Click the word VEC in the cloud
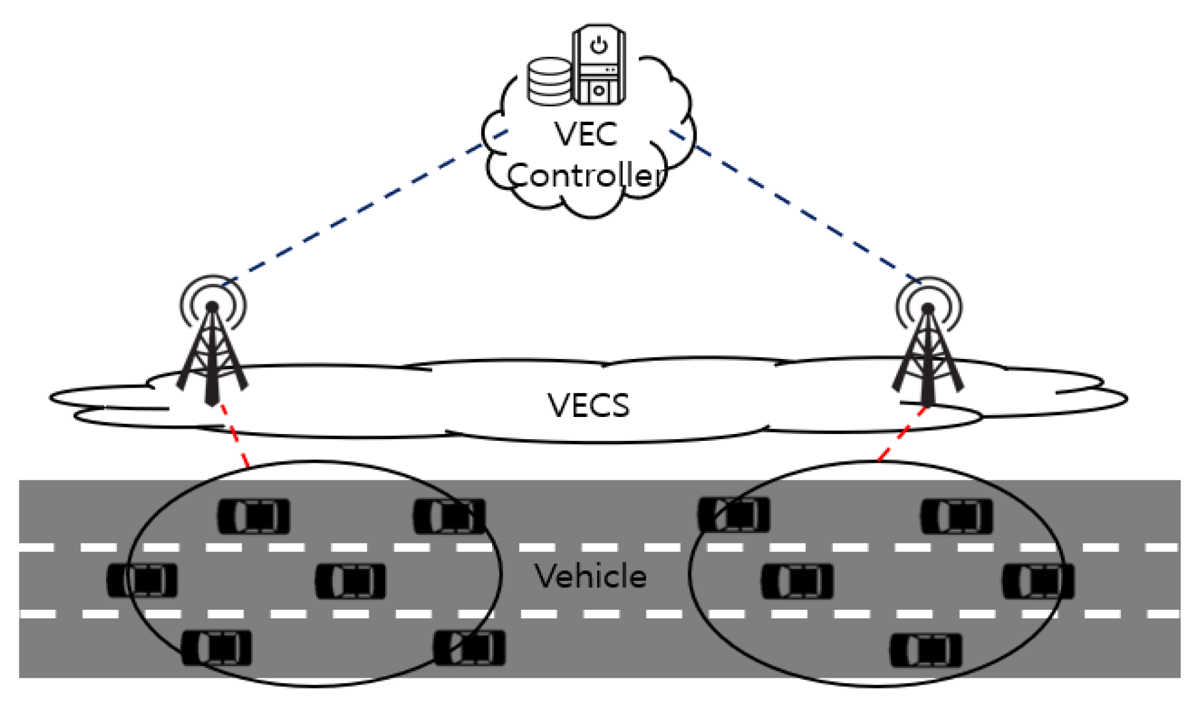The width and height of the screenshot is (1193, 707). click(586, 134)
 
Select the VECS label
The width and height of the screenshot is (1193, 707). click(588, 405)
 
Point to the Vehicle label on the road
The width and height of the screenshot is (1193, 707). click(590, 576)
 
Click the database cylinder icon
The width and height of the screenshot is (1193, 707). click(549, 81)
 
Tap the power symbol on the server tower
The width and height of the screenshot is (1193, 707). click(599, 46)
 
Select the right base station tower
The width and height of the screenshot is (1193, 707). click(928, 342)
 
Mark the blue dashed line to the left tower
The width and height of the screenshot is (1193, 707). click(365, 208)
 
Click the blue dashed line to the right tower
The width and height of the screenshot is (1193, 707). click(796, 206)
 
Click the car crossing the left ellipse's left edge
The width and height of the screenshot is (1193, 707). click(142, 579)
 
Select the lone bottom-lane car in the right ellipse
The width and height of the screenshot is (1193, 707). click(926, 650)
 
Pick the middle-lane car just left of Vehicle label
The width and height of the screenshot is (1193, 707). click(350, 581)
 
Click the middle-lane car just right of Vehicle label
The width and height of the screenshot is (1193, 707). click(797, 581)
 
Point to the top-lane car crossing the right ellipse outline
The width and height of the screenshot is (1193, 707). click(734, 514)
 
